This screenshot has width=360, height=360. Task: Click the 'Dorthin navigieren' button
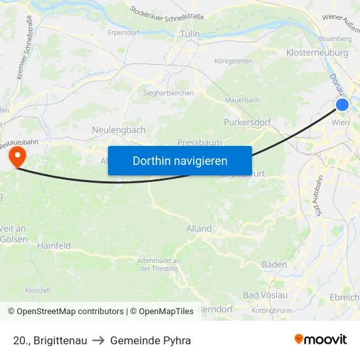(x=179, y=160)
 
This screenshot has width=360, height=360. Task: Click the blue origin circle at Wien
(x=342, y=105)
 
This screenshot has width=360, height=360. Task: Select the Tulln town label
(x=190, y=33)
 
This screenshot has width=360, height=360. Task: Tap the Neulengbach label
(x=118, y=130)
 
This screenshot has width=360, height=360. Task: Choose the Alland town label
(x=199, y=228)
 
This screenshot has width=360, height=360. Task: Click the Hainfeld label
(x=54, y=245)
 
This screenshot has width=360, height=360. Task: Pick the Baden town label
(x=274, y=264)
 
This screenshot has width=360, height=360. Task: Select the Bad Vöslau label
(x=265, y=295)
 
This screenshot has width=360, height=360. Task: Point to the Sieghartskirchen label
(x=168, y=94)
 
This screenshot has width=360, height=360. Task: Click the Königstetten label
(x=233, y=62)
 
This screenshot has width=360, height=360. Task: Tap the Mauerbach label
(x=242, y=100)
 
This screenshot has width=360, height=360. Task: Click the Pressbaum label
(x=199, y=142)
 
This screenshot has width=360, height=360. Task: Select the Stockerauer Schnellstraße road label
(x=167, y=12)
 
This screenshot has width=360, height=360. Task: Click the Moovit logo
(x=320, y=340)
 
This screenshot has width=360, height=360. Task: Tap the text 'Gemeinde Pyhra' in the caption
(x=151, y=340)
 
